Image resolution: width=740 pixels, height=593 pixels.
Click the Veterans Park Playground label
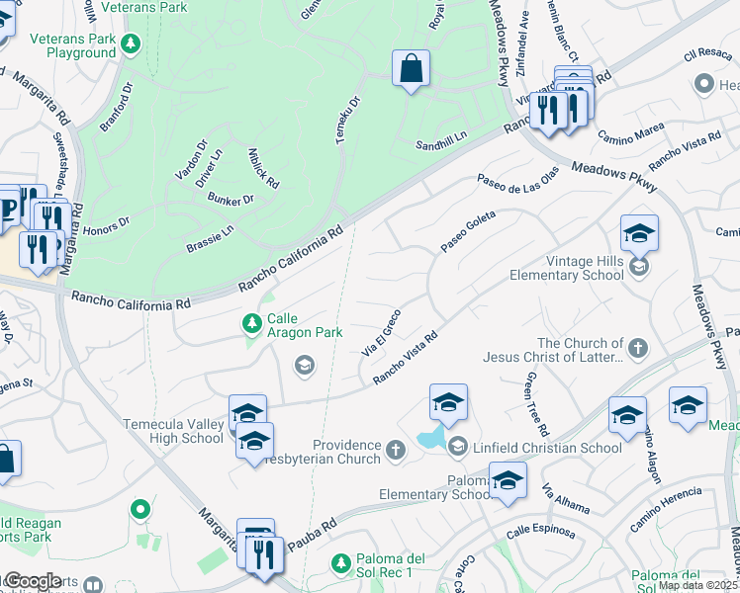click(x=59, y=45)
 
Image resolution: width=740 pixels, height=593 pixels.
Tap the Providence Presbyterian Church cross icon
click(x=395, y=451)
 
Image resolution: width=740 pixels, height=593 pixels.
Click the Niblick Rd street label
click(x=264, y=169)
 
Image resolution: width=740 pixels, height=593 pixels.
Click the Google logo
click(x=33, y=581)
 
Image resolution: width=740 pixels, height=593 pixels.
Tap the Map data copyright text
click(x=698, y=585)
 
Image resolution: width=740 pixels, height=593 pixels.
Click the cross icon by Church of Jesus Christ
click(x=638, y=348)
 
